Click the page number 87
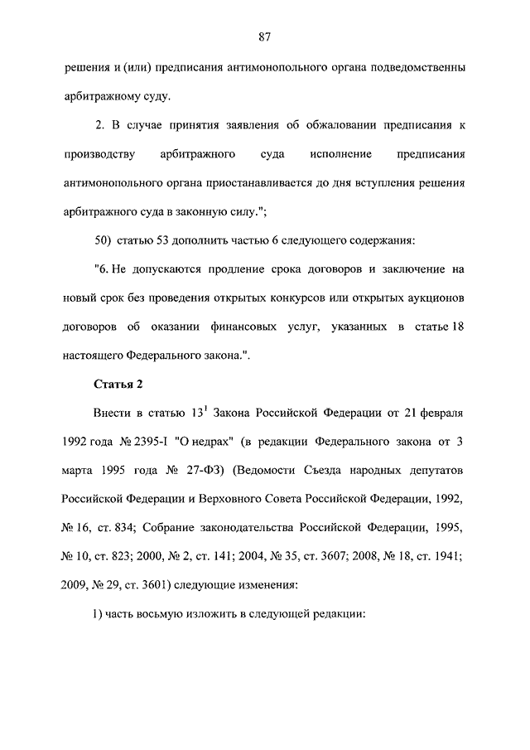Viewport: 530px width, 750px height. (x=265, y=36)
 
